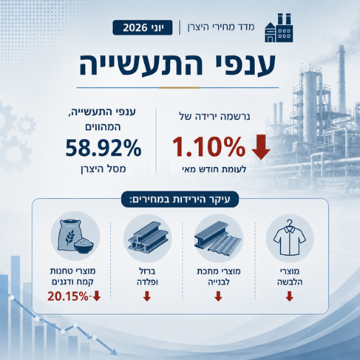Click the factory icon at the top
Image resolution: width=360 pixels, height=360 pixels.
(x=279, y=28)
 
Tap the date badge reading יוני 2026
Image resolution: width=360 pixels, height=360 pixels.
(x=143, y=27)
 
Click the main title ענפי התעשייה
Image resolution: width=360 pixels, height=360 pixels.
(x=178, y=64)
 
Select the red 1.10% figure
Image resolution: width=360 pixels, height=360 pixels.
(x=209, y=147)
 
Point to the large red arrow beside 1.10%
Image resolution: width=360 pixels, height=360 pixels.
(x=261, y=147)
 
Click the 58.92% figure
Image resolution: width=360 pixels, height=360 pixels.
(x=104, y=148)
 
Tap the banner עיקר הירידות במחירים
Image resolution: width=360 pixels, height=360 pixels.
(x=180, y=199)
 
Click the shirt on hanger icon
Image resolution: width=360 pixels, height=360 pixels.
(x=289, y=238)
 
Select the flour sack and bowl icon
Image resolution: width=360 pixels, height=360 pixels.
(x=76, y=236)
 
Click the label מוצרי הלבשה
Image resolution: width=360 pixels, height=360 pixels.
(x=289, y=276)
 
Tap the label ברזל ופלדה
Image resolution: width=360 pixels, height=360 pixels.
(x=147, y=276)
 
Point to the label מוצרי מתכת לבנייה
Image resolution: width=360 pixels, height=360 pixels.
(x=219, y=276)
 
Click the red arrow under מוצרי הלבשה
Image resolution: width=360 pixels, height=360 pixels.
(x=289, y=296)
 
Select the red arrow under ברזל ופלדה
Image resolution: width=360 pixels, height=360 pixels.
(x=147, y=296)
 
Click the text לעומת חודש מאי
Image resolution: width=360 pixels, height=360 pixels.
(x=214, y=169)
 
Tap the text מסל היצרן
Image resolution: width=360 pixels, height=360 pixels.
(x=103, y=169)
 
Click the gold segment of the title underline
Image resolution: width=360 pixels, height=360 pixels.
(x=179, y=88)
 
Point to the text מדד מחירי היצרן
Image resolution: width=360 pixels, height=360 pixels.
(x=221, y=27)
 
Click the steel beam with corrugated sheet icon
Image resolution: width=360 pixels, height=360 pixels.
(x=218, y=238)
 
